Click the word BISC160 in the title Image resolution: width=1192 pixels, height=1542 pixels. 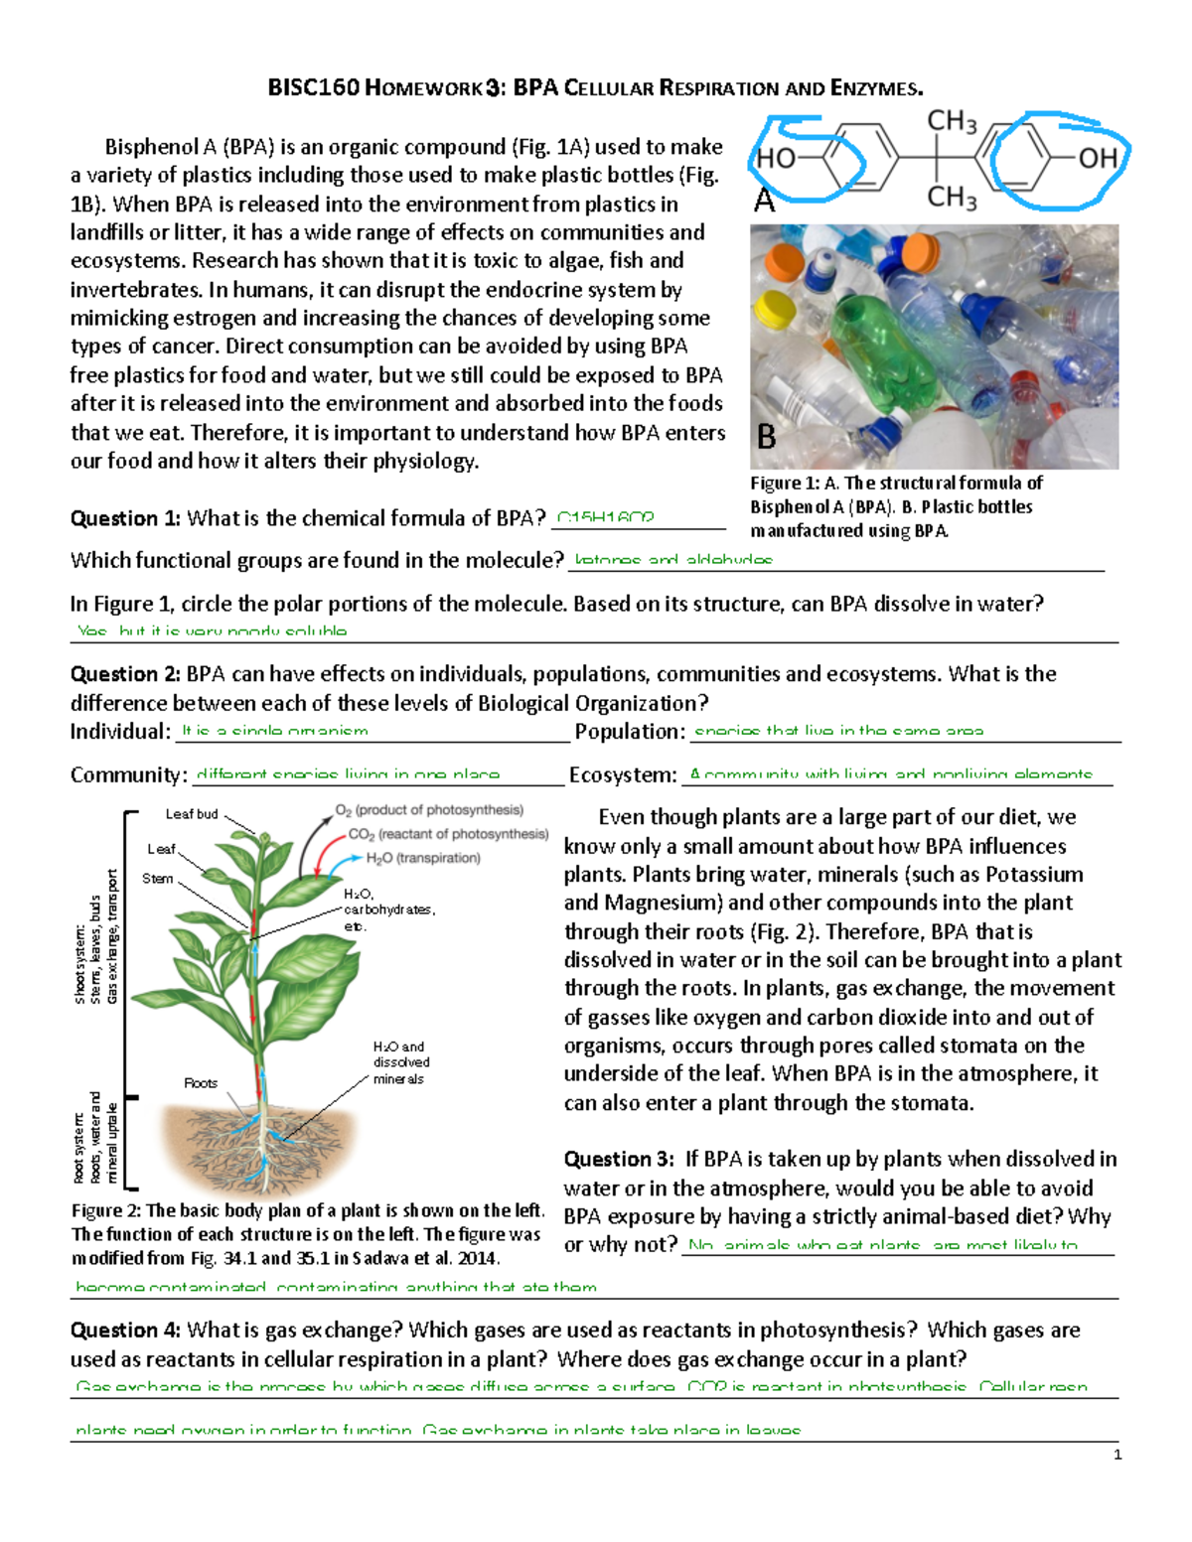pyautogui.click(x=313, y=88)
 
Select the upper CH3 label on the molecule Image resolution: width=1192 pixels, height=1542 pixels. pyautogui.click(x=952, y=121)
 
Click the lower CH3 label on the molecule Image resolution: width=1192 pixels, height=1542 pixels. pyautogui.click(x=952, y=197)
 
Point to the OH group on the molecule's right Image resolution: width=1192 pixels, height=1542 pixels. pyautogui.click(x=1098, y=158)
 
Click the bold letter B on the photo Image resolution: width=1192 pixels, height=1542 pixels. pyautogui.click(x=767, y=437)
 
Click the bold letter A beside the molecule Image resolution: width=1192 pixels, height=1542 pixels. pyautogui.click(x=764, y=201)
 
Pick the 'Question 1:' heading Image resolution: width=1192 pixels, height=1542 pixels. pyautogui.click(x=125, y=518)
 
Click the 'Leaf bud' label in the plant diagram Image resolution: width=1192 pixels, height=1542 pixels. pyautogui.click(x=192, y=814)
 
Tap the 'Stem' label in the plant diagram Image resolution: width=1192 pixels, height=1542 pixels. pyautogui.click(x=157, y=879)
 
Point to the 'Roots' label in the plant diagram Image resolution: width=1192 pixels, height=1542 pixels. pyautogui.click(x=201, y=1082)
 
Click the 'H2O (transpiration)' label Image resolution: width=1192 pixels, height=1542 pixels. pyautogui.click(x=423, y=858)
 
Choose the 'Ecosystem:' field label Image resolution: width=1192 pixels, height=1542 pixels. pyautogui.click(x=623, y=775)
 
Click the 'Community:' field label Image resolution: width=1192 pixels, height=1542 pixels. pyautogui.click(x=128, y=775)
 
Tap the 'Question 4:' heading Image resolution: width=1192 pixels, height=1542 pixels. pyautogui.click(x=125, y=1331)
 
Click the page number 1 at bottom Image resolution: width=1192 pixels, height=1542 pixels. pyautogui.click(x=1117, y=1455)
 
